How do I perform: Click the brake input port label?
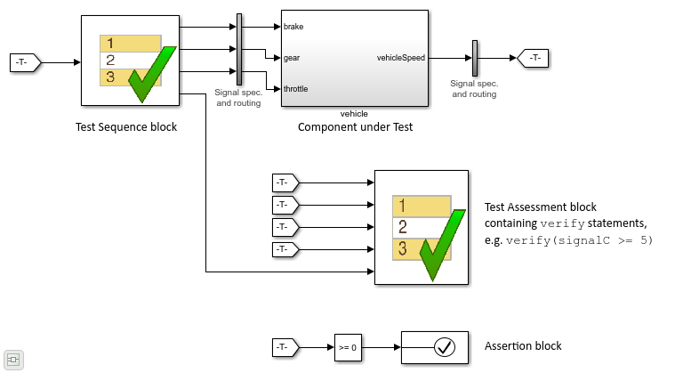(x=293, y=27)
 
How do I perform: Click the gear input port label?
(x=292, y=58)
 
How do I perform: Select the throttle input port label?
(x=296, y=89)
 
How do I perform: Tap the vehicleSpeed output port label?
(x=401, y=58)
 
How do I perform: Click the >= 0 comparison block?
(x=349, y=347)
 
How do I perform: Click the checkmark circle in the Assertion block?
(x=444, y=347)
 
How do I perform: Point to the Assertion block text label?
(x=523, y=346)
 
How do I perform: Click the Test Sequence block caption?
(x=126, y=126)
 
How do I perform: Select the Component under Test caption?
(x=355, y=126)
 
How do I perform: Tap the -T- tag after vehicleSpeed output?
(x=534, y=58)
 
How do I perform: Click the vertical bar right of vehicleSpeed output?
(x=475, y=58)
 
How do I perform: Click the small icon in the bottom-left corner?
(x=13, y=360)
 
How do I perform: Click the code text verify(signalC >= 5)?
(x=579, y=239)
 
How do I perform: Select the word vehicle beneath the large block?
(x=354, y=114)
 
